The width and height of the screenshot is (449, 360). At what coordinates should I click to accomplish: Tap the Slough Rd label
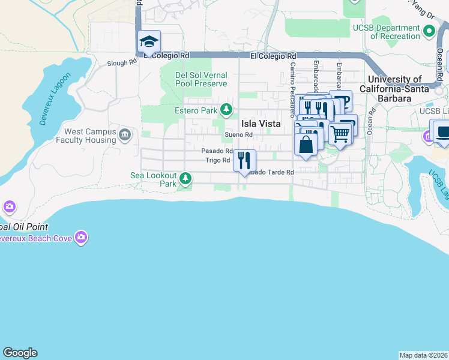point(122,63)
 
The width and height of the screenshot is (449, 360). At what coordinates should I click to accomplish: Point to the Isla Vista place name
point(261,123)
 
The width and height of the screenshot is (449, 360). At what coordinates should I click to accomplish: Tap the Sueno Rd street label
point(239,135)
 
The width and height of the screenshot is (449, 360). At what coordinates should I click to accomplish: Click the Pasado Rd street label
point(216,151)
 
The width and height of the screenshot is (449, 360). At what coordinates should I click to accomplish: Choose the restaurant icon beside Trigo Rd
point(244,160)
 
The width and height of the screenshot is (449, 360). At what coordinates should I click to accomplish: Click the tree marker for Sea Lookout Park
point(186,178)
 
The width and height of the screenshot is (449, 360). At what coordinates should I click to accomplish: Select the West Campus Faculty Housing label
point(90,136)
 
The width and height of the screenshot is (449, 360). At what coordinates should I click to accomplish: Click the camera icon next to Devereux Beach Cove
point(82,238)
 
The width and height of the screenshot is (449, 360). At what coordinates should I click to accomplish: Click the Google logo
point(20,353)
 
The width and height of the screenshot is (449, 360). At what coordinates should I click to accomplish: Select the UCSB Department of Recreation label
point(395,32)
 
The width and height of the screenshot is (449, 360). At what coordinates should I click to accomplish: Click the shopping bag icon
point(306,145)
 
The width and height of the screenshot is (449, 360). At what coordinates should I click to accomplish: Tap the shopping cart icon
point(340,134)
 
